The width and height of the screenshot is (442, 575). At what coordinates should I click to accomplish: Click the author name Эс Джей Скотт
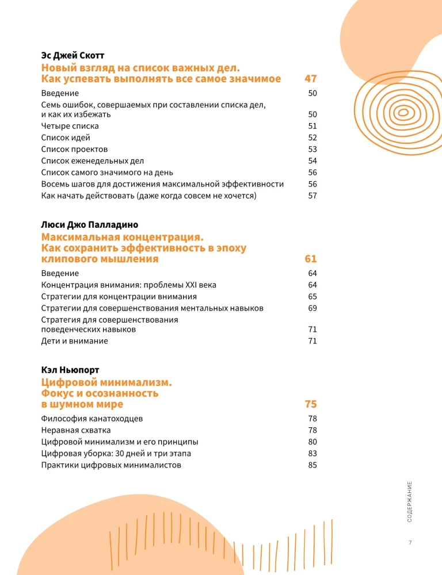point(72,56)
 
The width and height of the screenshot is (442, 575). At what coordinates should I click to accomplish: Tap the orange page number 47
point(311,79)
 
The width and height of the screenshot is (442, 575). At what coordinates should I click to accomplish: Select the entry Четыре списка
point(70,126)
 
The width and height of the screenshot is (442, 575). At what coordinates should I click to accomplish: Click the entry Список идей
point(66,137)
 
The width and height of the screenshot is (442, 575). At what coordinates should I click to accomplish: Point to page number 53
point(313,149)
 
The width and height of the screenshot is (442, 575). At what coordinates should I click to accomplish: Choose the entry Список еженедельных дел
point(93,160)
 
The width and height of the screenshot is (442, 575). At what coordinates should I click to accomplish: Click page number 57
point(313,195)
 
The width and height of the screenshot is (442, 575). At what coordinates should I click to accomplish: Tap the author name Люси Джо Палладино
point(90,225)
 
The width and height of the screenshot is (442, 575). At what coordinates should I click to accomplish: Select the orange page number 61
point(311,259)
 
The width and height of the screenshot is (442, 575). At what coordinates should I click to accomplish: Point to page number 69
point(313,308)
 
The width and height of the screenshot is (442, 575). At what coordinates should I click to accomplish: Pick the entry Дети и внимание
point(74,341)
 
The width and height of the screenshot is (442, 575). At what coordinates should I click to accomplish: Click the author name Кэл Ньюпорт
point(70,370)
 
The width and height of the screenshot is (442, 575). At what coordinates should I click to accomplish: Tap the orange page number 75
point(311,404)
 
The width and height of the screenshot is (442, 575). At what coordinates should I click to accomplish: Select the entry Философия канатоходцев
point(92,419)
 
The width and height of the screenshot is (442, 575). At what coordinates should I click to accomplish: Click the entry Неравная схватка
point(76,430)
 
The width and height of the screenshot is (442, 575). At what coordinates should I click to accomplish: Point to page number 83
point(313,454)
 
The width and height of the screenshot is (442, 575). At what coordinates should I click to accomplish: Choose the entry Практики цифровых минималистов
point(111,465)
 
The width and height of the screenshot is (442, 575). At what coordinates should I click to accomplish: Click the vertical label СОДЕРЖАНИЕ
point(409,501)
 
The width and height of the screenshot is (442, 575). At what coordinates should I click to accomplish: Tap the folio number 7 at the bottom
point(410,543)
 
